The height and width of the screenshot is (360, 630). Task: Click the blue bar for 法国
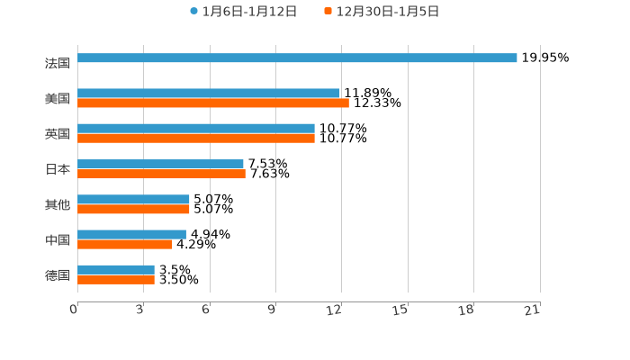(297, 58)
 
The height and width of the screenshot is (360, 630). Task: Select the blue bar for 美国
(209, 93)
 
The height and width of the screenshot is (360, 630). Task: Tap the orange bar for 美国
(213, 103)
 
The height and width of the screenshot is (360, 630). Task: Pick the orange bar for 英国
(196, 139)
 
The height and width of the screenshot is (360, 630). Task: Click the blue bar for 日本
(160, 164)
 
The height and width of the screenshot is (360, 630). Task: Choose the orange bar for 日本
(161, 174)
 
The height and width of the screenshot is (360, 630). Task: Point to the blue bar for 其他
(133, 199)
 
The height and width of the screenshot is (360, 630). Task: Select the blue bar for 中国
(131, 234)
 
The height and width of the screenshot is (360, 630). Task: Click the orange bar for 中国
(124, 244)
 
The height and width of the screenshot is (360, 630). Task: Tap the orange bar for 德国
(116, 280)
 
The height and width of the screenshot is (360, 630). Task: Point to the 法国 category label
(58, 63)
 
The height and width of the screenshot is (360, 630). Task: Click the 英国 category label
(58, 133)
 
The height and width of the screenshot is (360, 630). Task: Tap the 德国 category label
(58, 274)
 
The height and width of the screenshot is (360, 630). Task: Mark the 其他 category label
(58, 204)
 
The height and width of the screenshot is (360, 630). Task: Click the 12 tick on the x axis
(335, 310)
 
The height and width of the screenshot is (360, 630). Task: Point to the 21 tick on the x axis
(532, 310)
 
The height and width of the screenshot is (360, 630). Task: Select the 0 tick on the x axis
(74, 310)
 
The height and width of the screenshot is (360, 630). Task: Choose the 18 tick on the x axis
(466, 310)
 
